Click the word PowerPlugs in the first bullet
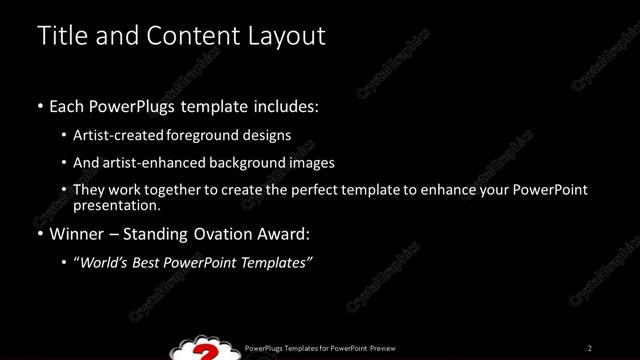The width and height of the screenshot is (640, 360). (x=144, y=106)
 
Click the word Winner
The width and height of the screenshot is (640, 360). (x=78, y=235)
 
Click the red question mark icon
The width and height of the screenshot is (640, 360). (x=207, y=351)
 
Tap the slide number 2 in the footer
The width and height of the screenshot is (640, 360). (x=590, y=348)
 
